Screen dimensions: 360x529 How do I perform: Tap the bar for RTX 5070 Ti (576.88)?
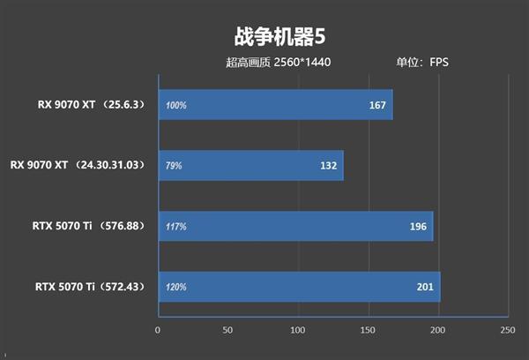(x=294, y=227)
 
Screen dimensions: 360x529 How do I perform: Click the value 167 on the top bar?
(x=377, y=106)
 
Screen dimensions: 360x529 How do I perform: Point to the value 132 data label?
(x=328, y=166)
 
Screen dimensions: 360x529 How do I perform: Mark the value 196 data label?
(x=417, y=227)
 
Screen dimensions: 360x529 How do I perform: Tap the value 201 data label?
(x=424, y=288)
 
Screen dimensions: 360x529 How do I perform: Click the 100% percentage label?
(x=175, y=106)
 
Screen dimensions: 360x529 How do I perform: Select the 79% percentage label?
(x=174, y=166)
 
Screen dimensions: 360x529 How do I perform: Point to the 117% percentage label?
(x=175, y=227)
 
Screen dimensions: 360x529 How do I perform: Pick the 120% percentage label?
(x=175, y=288)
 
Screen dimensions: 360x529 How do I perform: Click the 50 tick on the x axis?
(x=227, y=330)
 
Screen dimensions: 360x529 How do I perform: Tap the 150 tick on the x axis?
(x=367, y=330)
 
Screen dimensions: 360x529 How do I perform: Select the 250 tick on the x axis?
(x=506, y=330)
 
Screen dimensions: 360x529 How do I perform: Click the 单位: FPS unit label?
(x=422, y=63)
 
